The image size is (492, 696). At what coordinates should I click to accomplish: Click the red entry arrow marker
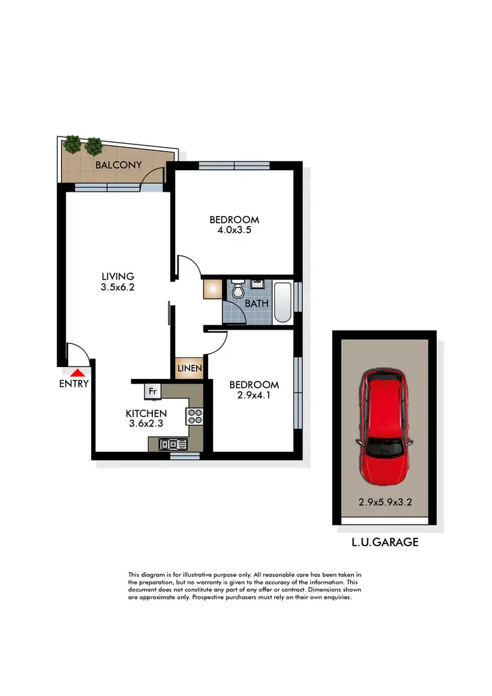tap(74, 372)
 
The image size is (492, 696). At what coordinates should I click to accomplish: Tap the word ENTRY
tap(73, 384)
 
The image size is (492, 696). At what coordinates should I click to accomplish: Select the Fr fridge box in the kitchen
tap(152, 391)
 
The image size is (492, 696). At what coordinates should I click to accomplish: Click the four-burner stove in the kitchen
tap(195, 416)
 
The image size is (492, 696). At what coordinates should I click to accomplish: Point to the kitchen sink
tap(175, 445)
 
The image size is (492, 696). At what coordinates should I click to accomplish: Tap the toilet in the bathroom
tap(238, 289)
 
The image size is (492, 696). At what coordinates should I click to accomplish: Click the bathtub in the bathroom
tap(282, 301)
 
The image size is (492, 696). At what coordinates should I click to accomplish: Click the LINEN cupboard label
tap(190, 368)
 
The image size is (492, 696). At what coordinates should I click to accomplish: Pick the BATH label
tap(256, 304)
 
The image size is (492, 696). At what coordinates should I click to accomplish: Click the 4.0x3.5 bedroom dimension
tap(234, 230)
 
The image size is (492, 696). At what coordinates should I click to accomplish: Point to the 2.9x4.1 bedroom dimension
tap(254, 395)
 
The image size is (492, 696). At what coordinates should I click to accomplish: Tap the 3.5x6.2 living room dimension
tap(117, 287)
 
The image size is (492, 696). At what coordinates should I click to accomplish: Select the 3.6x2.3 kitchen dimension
tap(146, 424)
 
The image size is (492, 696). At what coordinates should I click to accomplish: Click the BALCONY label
tap(118, 165)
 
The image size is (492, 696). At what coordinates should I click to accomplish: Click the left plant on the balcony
tap(72, 143)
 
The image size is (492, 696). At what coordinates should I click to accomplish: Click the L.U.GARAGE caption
tap(384, 542)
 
